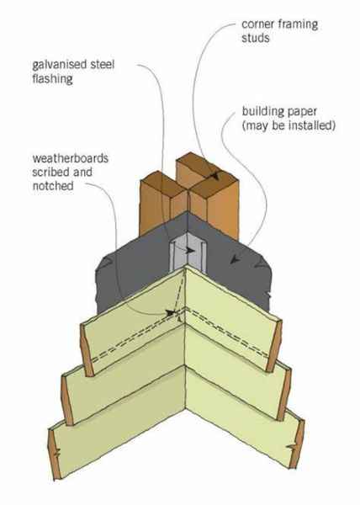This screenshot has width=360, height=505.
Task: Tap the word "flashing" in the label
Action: coord(52,79)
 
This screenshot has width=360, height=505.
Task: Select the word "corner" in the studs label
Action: coord(257,24)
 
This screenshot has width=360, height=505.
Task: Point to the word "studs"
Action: coord(256,38)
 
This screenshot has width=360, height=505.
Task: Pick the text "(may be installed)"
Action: coord(289,125)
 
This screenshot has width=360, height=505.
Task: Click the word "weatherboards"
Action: coord(70,158)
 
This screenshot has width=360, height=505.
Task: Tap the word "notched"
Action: coord(53,186)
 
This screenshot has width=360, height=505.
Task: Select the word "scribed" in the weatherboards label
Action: coord(50,173)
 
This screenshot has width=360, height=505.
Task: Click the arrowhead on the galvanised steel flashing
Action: coord(190,251)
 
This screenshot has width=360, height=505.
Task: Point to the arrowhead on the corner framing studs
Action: coord(214,176)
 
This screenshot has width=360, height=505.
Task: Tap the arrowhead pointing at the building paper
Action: coord(236,259)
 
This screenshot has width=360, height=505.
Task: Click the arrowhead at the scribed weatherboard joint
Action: coord(170,313)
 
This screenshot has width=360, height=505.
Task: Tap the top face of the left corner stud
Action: coord(164,184)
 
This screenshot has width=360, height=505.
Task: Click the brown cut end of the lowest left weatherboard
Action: coord(55,454)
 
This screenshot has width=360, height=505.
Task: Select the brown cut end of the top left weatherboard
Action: coord(87,350)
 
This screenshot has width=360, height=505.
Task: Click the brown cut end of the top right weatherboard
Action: coord(274,346)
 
